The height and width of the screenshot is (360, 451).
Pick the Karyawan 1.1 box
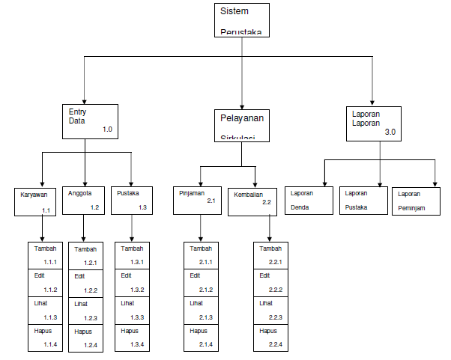tap(36, 200)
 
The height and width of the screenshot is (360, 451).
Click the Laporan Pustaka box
tap(363, 200)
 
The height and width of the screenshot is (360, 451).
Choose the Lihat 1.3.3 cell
tap(133, 310)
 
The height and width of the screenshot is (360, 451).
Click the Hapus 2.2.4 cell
tap(270, 337)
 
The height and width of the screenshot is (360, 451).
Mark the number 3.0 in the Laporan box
tap(390, 132)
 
